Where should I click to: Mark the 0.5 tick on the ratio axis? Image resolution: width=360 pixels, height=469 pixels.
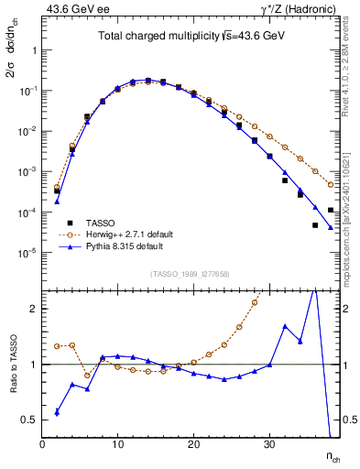pyautogui.click(x=31, y=420)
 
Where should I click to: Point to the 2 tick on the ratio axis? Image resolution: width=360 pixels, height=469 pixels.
pyautogui.click(x=35, y=309)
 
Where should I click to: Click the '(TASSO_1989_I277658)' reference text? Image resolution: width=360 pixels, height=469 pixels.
pyautogui.click(x=191, y=274)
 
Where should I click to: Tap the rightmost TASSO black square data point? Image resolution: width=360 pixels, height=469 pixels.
pyautogui.click(x=331, y=210)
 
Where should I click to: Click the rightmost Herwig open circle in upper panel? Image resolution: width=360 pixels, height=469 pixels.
pyautogui.click(x=331, y=185)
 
